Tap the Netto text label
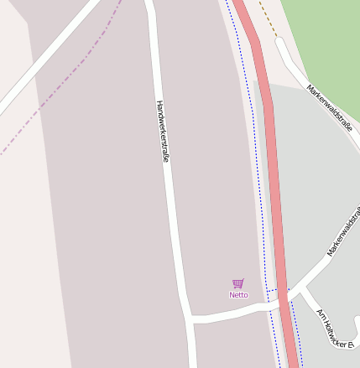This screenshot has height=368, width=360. tap(238, 295)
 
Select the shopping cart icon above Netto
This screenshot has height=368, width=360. tap(238, 284)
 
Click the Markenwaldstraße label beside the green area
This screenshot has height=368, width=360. tap(329, 106)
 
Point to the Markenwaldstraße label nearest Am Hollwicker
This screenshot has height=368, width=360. tap(343, 233)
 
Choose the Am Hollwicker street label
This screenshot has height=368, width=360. tap(337, 328)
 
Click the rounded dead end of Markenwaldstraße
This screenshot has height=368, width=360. tap(279, 42)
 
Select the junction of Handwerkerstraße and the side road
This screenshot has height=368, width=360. tap(190, 319)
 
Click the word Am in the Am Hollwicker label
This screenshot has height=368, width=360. tap(320, 313)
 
